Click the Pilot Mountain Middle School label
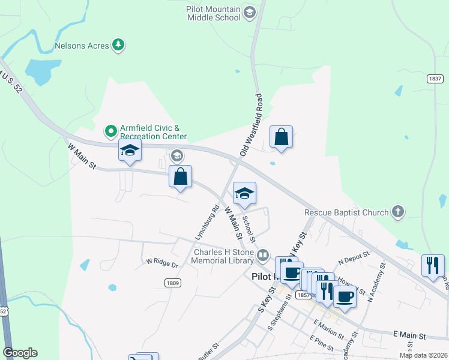[214, 13]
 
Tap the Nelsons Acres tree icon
[119, 44]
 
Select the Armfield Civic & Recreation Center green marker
[110, 130]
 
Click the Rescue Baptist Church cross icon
[397, 211]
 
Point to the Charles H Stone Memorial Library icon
[262, 256]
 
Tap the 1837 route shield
[435, 79]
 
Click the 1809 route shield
[172, 282]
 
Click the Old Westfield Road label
[252, 125]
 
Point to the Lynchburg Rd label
[206, 223]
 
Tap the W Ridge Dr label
[163, 263]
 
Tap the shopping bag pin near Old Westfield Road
[281, 137]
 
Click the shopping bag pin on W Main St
[180, 177]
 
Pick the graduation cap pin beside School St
[244, 194]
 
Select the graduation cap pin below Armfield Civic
[130, 151]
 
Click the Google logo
[20, 353]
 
